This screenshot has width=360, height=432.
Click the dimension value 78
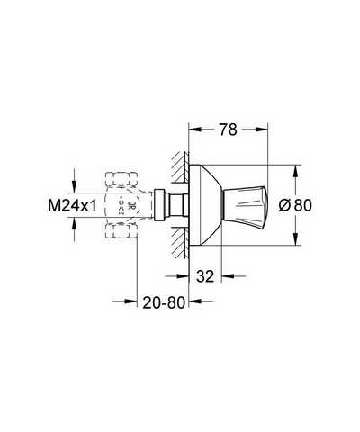(x=228, y=130)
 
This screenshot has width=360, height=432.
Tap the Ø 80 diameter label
(x=295, y=205)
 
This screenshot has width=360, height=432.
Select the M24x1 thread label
(x=72, y=206)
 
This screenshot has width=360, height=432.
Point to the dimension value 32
(x=205, y=276)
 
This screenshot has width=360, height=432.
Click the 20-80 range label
(x=164, y=302)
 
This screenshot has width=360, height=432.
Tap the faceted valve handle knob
(x=244, y=205)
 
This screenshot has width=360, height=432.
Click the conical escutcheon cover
(x=205, y=205)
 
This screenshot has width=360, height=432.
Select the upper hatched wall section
(x=180, y=167)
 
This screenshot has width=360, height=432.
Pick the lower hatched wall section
(x=180, y=243)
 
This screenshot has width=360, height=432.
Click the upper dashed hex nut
(x=121, y=179)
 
